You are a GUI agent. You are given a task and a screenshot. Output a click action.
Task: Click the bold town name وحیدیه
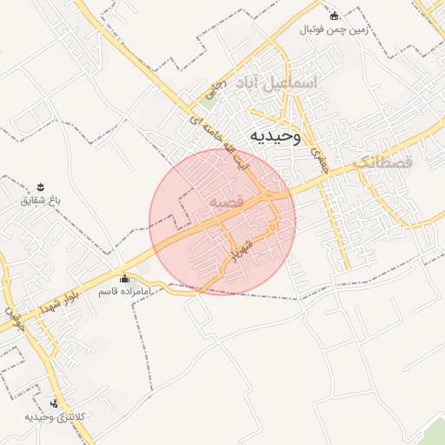tap(276, 136)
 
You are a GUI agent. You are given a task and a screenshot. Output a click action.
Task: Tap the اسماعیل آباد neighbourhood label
tap(276, 83)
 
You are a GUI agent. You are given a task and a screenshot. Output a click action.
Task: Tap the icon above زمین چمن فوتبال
tap(334, 16)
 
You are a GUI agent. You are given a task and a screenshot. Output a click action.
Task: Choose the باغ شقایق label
tap(40, 201)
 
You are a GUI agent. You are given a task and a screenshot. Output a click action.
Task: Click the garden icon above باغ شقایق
tap(40, 188)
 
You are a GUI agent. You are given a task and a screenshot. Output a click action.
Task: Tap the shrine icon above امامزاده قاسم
tap(125, 279)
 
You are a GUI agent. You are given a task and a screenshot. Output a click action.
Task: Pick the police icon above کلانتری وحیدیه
tap(55, 403)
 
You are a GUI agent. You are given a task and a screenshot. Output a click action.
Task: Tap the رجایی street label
tap(214, 90)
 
